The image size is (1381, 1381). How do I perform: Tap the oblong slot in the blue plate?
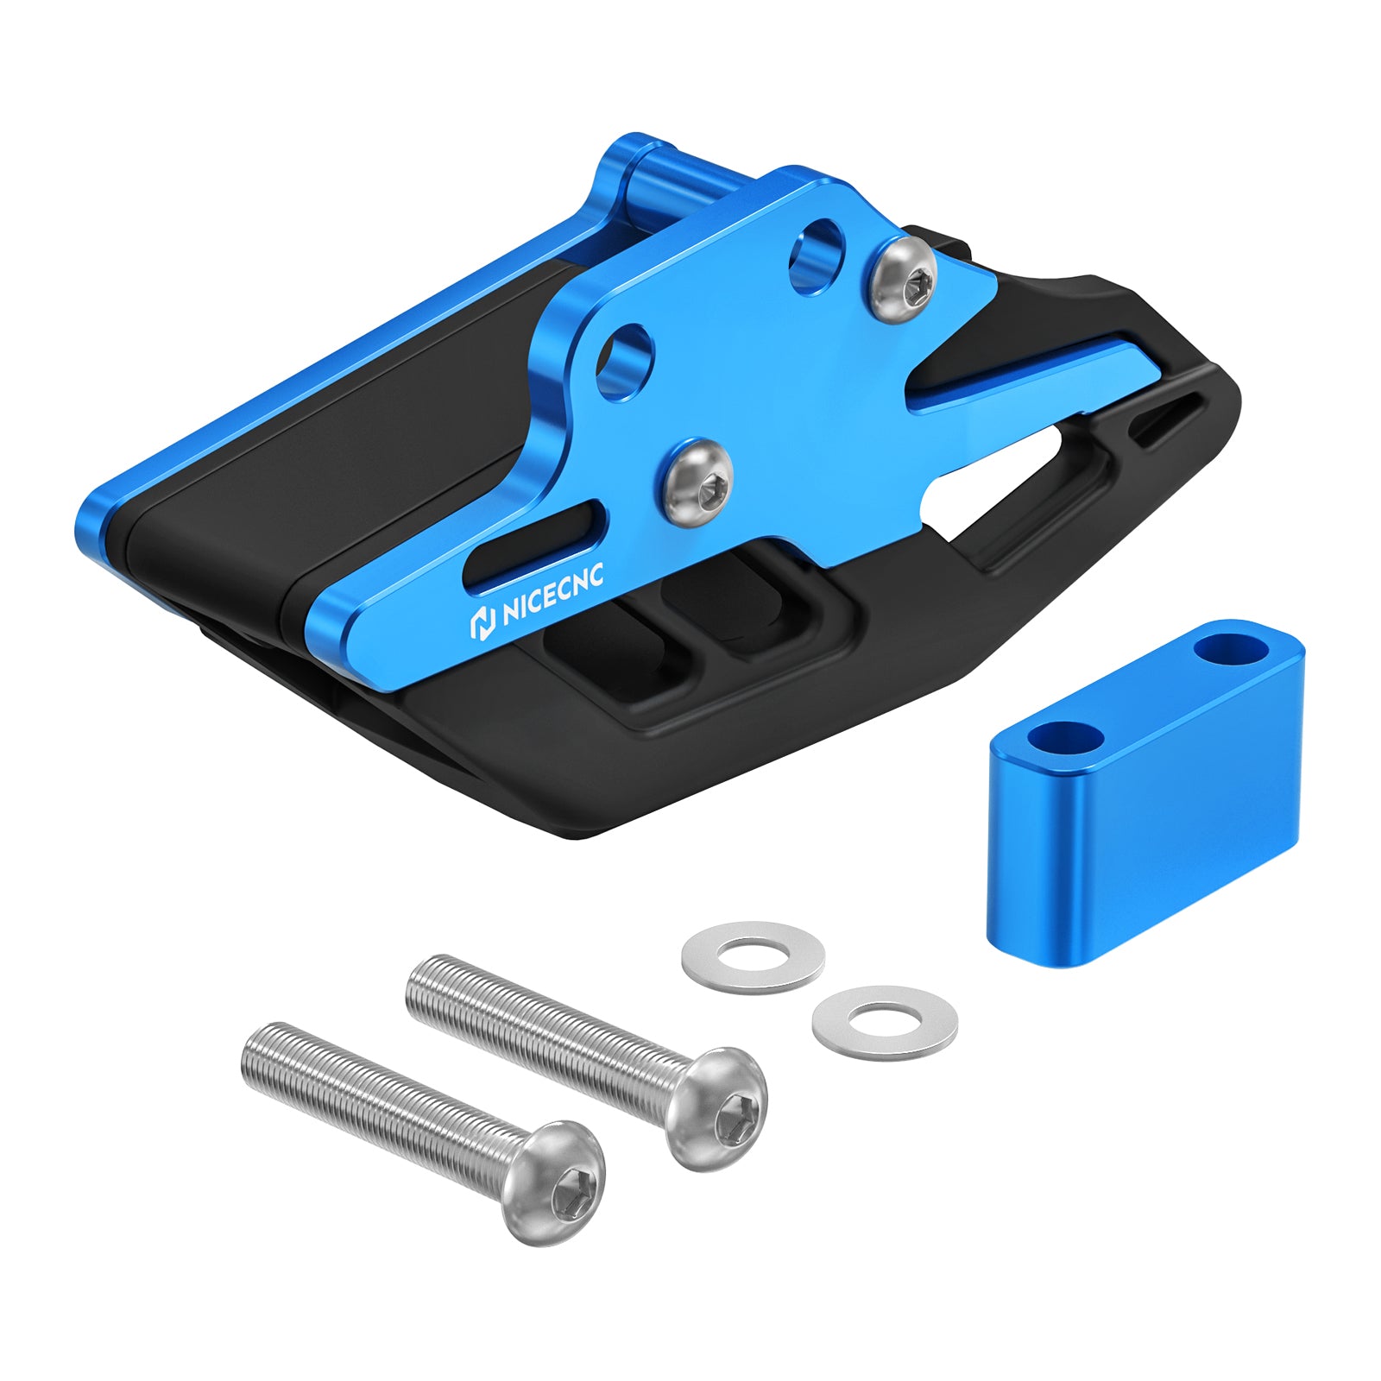pyautogui.click(x=535, y=545)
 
